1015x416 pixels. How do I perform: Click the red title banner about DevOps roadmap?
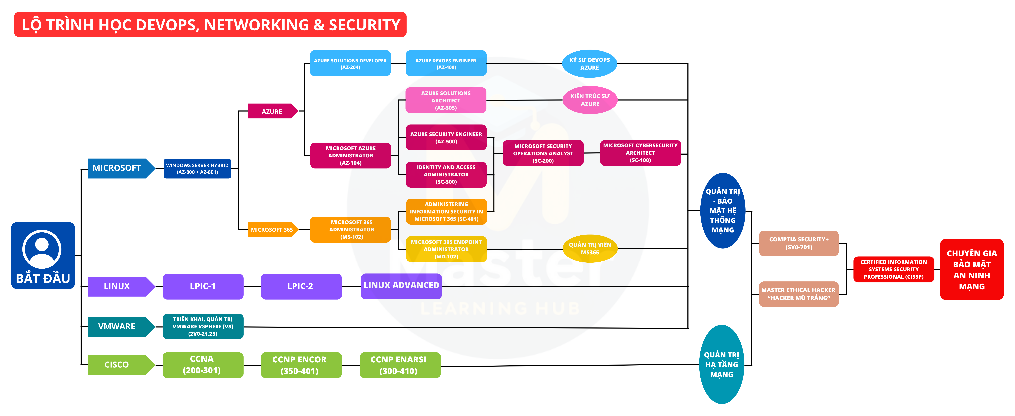tap(210, 24)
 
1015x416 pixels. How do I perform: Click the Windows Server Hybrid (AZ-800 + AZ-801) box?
tap(197, 169)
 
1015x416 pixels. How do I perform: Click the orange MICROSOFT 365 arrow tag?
tap(272, 229)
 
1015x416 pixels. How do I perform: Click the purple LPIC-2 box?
tap(301, 286)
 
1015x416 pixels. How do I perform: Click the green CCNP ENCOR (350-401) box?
tap(301, 365)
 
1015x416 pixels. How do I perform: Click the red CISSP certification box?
tap(893, 269)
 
